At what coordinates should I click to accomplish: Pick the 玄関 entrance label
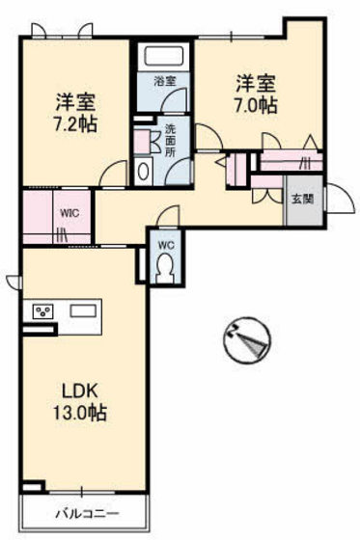(299, 200)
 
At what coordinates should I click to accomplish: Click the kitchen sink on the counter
(82, 310)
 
